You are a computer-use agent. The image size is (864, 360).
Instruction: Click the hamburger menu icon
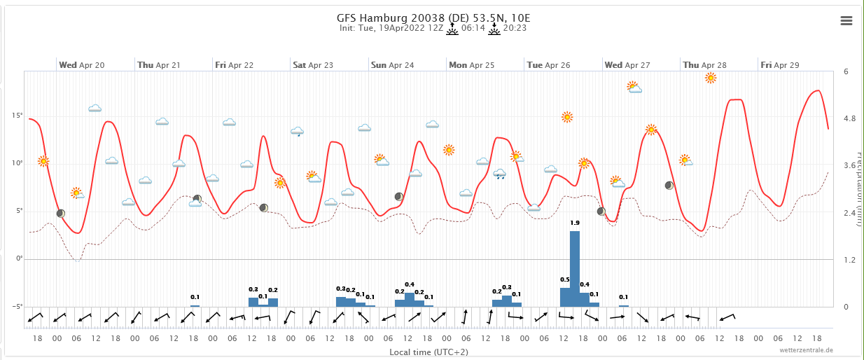pos(846,21)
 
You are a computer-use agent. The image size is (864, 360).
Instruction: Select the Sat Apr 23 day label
pos(313,65)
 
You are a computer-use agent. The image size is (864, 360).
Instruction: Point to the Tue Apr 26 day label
pos(548,65)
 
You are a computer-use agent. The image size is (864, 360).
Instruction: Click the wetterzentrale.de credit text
pos(809,349)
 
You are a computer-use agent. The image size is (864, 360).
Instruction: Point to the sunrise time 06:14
pos(473,29)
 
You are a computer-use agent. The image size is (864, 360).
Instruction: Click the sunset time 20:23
pos(515,29)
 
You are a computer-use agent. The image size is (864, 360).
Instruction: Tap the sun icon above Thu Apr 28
pos(710,78)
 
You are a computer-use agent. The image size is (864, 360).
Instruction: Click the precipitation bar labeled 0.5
pos(565,297)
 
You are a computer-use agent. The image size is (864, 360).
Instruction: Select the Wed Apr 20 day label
pos(82,65)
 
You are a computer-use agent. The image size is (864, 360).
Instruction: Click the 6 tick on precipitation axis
pos(846,71)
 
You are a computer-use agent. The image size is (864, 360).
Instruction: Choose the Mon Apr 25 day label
pos(472,65)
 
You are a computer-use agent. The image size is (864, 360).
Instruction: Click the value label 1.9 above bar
pos(575,223)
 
